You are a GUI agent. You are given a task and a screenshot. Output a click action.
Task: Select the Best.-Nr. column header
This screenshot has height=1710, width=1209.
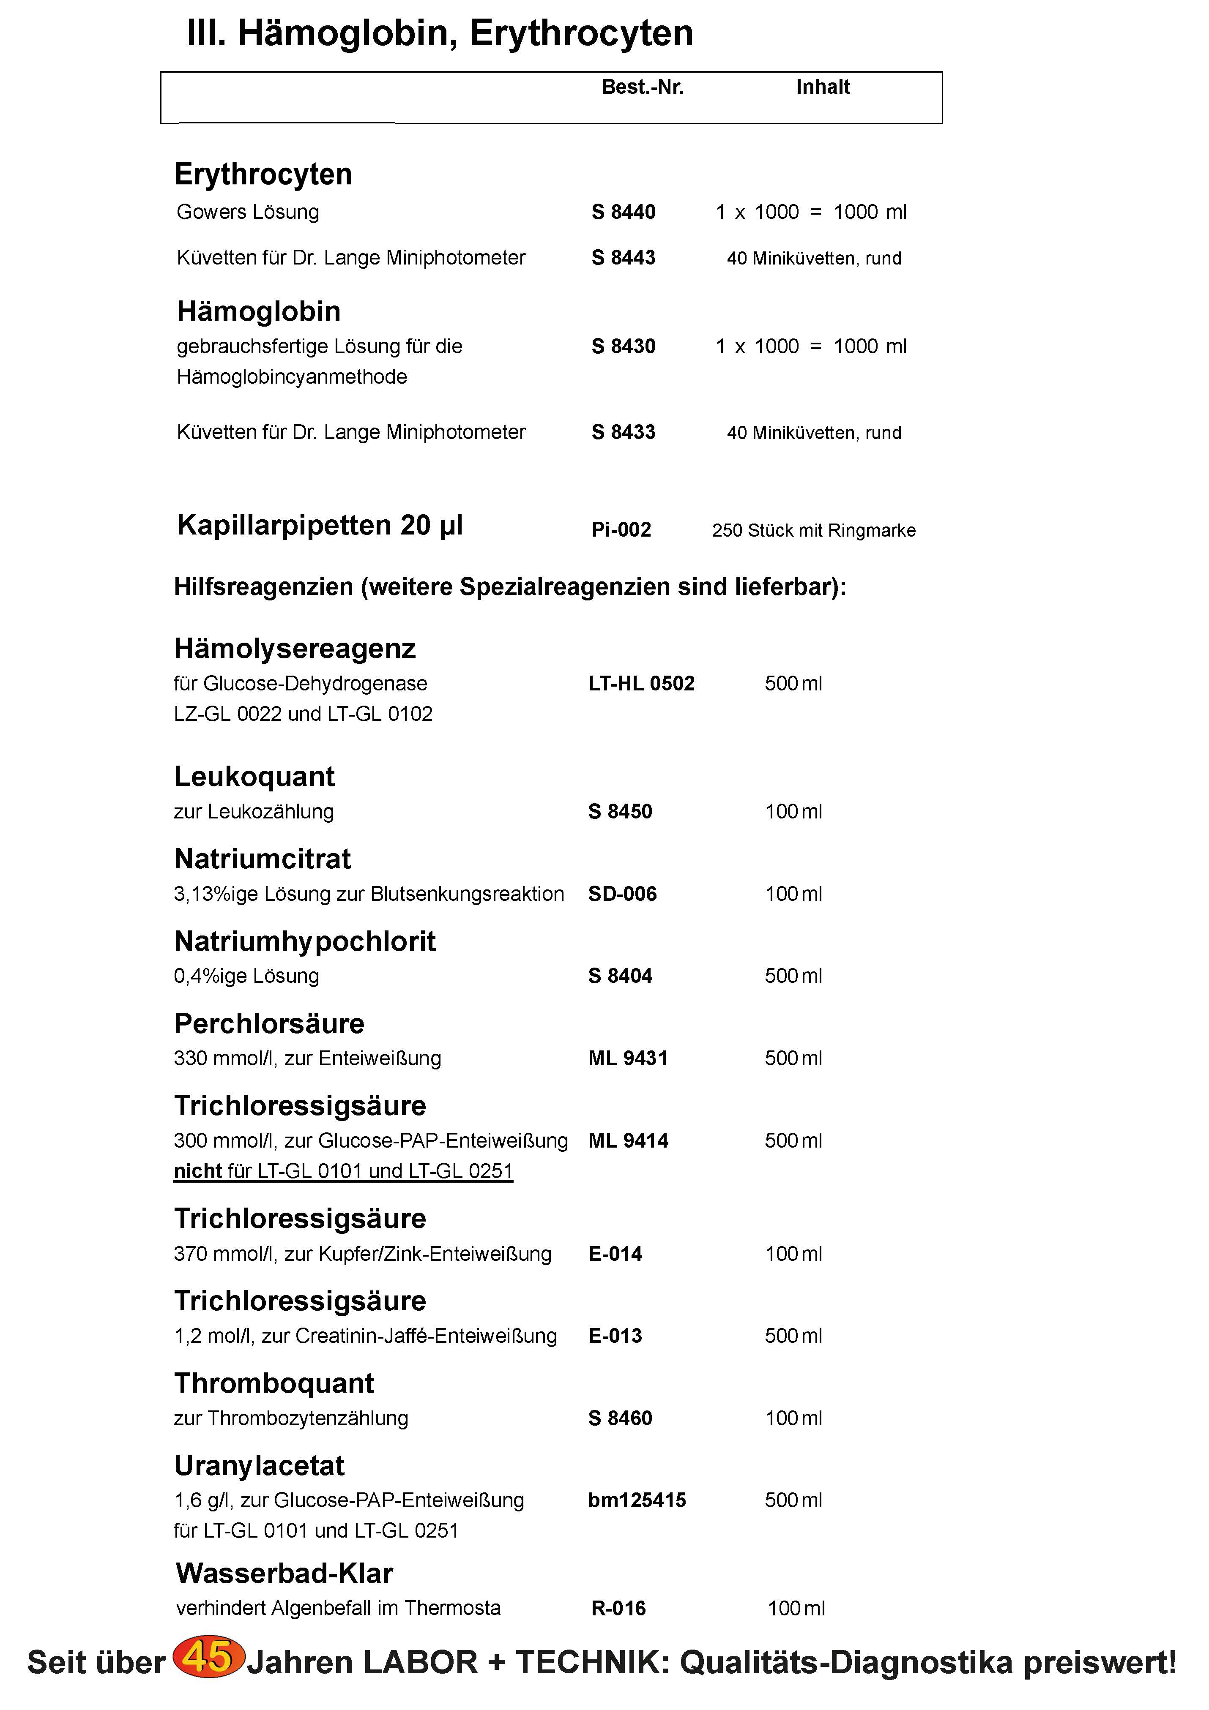point(642,87)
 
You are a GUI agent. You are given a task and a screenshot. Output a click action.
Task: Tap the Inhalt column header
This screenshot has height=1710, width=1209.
point(822,87)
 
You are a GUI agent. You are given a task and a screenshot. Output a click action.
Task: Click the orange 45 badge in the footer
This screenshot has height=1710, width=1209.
point(208,1658)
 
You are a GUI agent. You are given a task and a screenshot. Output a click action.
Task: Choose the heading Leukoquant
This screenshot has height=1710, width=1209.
point(254,776)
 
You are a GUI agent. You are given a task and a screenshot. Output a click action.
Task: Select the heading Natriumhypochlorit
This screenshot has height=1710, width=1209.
point(305,941)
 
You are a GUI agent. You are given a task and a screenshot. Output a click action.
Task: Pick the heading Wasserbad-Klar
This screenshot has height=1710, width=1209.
point(284,1573)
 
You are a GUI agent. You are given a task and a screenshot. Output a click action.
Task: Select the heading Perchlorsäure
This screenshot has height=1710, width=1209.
point(269,1024)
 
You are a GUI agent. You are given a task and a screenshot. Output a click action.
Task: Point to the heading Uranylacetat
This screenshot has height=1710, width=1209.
point(259,1466)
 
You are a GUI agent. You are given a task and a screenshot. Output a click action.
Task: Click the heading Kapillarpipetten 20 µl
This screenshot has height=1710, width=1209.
point(320,525)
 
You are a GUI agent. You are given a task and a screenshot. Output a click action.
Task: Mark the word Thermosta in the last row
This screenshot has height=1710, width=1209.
point(452,1608)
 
